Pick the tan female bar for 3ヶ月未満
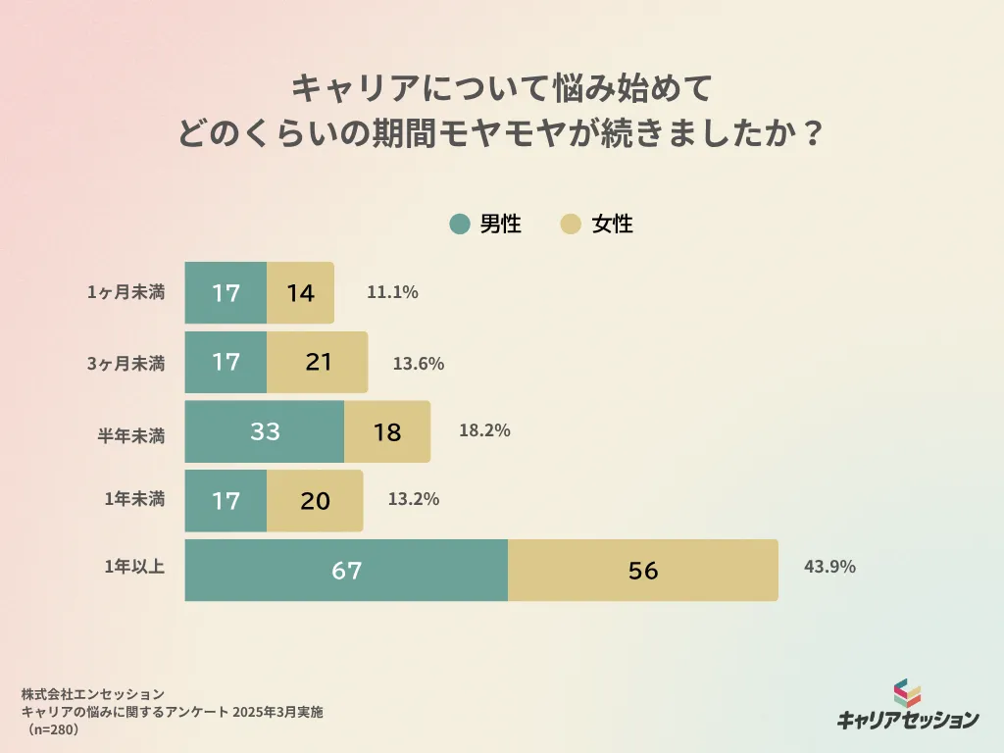pyautogui.click(x=317, y=362)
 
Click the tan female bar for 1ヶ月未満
pyautogui.click(x=300, y=292)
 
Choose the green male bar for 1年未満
pyautogui.click(x=226, y=500)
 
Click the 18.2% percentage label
pyautogui.click(x=484, y=429)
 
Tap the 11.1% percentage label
pyautogui.click(x=392, y=291)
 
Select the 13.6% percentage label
pyautogui.click(x=419, y=363)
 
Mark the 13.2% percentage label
pyautogui.click(x=413, y=498)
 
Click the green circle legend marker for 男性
pyautogui.click(x=459, y=225)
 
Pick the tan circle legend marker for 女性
pyautogui.click(x=571, y=225)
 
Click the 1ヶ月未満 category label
pyautogui.click(x=125, y=292)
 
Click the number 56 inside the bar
pyautogui.click(x=643, y=570)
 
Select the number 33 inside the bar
pyautogui.click(x=265, y=431)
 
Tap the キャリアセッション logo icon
pyautogui.click(x=908, y=693)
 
